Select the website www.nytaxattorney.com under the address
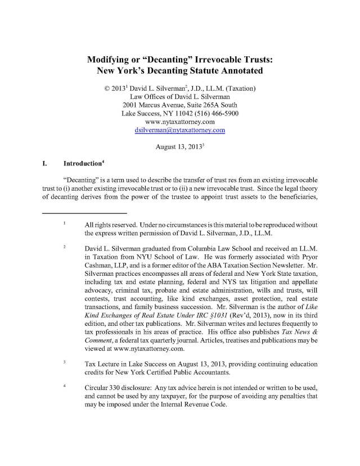pyautogui.click(x=180, y=120)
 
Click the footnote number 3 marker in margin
pyautogui.click(x=65, y=362)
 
